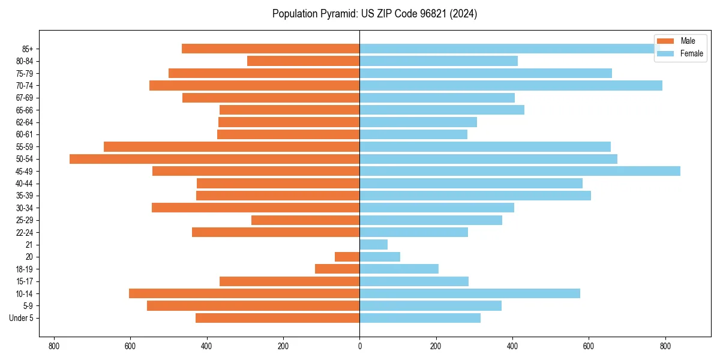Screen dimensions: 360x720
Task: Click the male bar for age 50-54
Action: click(214, 159)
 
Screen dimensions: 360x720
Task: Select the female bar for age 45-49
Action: click(520, 171)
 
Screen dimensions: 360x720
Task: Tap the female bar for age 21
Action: click(373, 245)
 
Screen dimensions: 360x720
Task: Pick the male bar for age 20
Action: click(347, 257)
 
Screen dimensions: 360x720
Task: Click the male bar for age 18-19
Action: click(337, 269)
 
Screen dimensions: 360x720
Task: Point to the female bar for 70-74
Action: click(511, 85)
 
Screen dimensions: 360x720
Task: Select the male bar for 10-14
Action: click(244, 293)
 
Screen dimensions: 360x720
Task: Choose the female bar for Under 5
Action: click(420, 318)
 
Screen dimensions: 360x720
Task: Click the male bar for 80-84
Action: click(303, 61)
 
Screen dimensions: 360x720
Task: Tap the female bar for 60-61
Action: click(413, 134)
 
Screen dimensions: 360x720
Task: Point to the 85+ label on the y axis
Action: click(26, 49)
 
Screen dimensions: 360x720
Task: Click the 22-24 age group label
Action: click(25, 232)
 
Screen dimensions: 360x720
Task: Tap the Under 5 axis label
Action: click(22, 318)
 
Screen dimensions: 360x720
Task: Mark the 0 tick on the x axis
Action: click(359, 346)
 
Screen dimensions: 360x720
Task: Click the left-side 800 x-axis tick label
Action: click(54, 346)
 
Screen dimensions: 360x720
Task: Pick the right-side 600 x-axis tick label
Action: click(589, 346)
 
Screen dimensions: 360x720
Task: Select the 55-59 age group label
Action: click(25, 147)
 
